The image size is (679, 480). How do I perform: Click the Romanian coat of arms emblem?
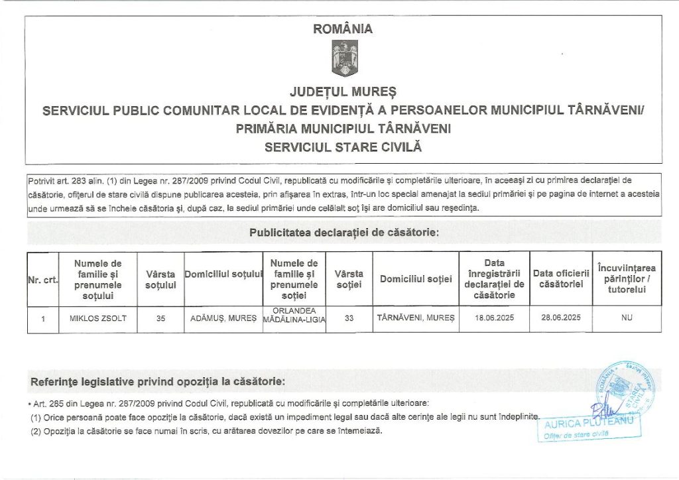click(344, 58)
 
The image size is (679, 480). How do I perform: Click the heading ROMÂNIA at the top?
click(343, 29)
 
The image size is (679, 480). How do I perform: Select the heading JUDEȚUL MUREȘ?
click(343, 90)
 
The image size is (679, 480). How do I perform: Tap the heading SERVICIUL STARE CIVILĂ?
click(343, 147)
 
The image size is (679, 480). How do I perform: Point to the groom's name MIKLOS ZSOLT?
click(98, 318)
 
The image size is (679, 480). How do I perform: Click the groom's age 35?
click(160, 318)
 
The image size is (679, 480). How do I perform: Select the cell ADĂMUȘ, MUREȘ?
click(223, 318)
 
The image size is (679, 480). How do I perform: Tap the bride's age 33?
click(349, 318)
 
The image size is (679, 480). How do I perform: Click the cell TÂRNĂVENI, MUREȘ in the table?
click(416, 318)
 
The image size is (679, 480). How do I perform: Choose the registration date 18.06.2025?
click(495, 318)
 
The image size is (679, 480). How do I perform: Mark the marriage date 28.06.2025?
click(561, 318)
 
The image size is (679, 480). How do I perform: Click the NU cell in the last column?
click(627, 318)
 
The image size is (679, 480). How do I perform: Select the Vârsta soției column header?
click(349, 279)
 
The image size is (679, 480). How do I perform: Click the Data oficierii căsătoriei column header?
click(561, 279)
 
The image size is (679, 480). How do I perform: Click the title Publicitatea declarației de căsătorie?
click(344, 233)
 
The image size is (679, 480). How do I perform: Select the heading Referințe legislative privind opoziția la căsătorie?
click(158, 383)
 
